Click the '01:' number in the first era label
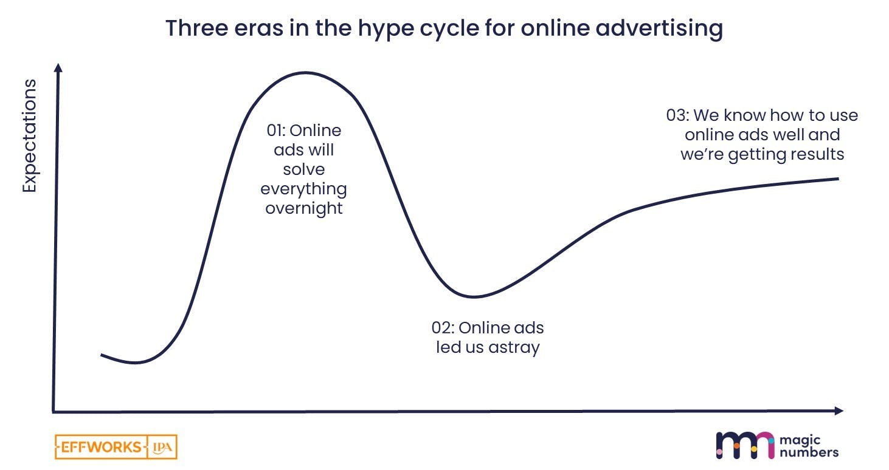coord(277,131)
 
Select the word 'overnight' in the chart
coord(303,208)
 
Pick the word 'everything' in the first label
coord(303,189)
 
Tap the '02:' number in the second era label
coord(443,328)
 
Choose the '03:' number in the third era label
coord(677,115)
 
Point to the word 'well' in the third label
coord(789,134)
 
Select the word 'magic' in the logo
coord(803,440)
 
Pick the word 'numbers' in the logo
coord(810,452)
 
